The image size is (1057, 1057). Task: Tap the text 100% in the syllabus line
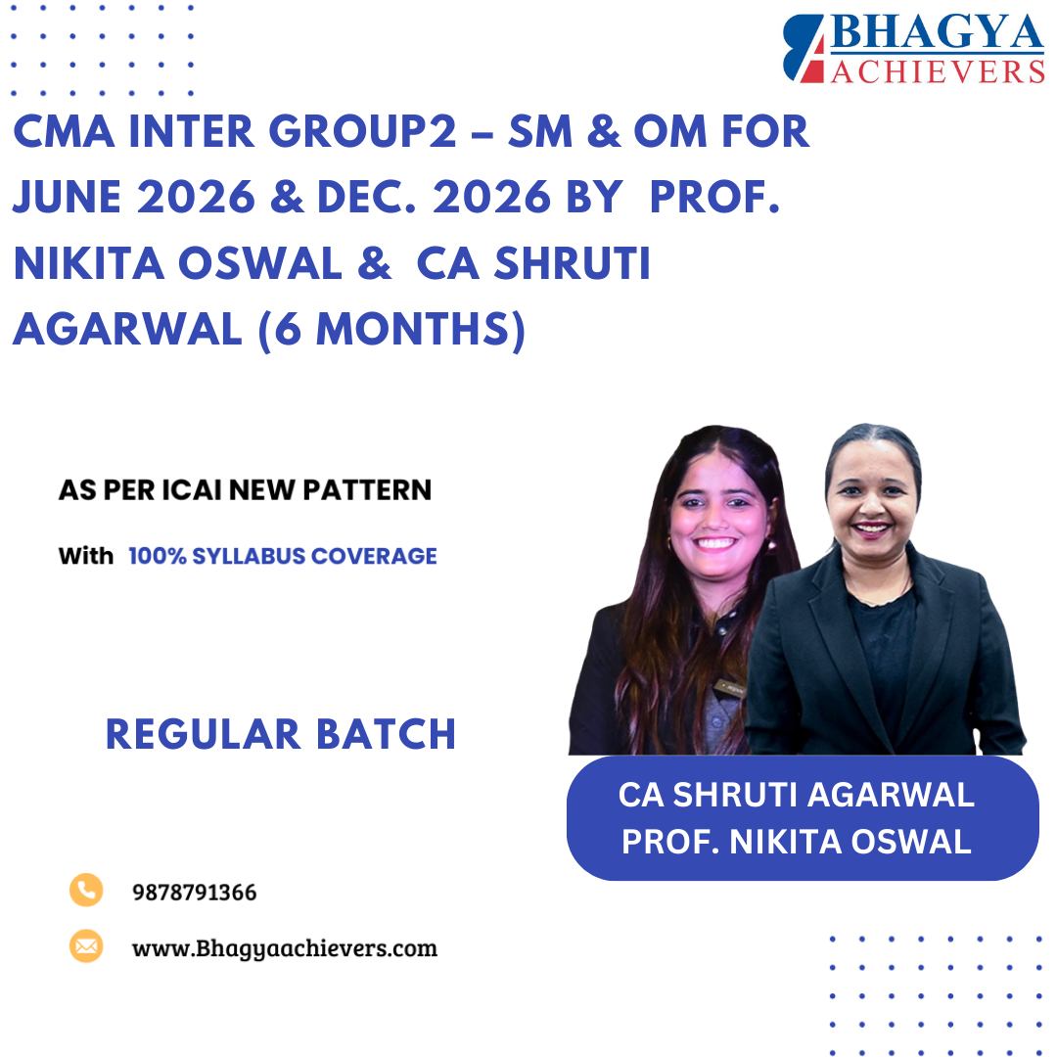click(159, 557)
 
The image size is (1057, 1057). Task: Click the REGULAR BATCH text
click(281, 734)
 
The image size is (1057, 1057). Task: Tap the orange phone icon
click(86, 890)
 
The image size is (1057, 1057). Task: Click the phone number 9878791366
click(194, 893)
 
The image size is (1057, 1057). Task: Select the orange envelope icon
click(86, 945)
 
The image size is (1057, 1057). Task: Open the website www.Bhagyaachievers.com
click(284, 948)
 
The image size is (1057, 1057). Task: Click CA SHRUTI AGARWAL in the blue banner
click(797, 795)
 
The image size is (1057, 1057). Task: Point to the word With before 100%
click(85, 557)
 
